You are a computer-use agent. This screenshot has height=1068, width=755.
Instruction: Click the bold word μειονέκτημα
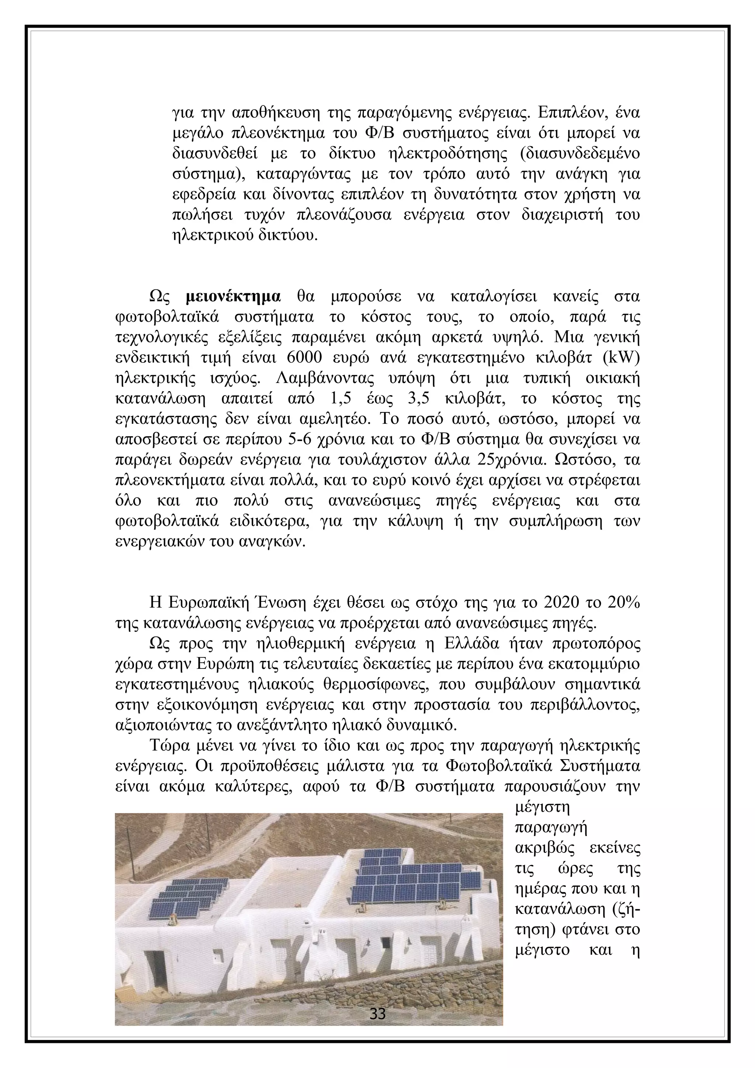tap(233, 297)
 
